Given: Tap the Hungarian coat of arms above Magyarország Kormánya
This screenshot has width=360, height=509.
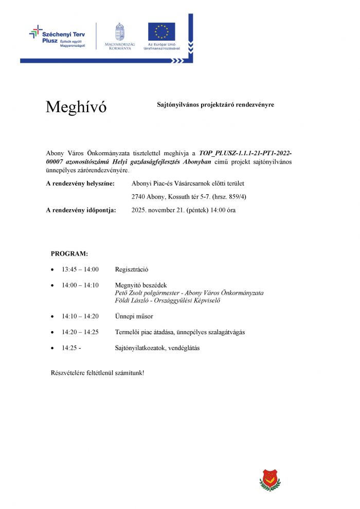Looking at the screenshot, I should click(120, 32).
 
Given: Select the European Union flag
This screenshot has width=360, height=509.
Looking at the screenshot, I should click(161, 32).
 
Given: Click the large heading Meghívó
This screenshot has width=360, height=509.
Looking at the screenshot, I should click(76, 107).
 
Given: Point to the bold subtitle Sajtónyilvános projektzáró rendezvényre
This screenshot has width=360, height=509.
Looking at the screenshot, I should click(215, 104).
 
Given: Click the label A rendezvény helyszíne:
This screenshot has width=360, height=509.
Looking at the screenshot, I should click(80, 184).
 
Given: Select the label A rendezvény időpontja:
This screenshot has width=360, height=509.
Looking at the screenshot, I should click(81, 210).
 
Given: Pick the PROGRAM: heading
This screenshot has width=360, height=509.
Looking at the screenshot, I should click(69, 254).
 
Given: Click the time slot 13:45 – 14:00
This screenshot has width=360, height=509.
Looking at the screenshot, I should click(80, 269).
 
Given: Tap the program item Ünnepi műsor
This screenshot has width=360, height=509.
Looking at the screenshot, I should click(134, 317).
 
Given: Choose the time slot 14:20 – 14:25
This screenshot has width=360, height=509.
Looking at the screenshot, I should click(80, 332).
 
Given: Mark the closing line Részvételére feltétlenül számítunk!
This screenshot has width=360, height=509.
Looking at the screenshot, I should click(97, 372).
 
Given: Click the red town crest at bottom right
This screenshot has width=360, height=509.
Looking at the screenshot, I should click(269, 480).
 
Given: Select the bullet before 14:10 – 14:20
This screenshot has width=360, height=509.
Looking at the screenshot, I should click(52, 317).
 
